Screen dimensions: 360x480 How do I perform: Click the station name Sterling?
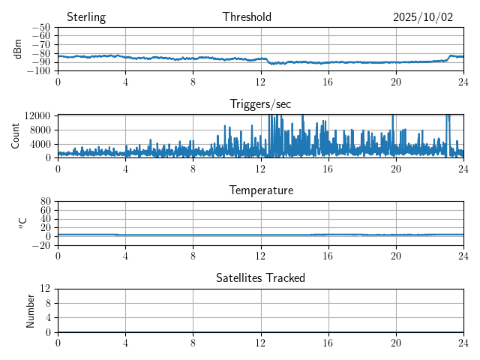pyautogui.click(x=86, y=17)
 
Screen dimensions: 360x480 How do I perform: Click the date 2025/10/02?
pyautogui.click(x=423, y=17)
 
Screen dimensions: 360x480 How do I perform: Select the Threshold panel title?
pyautogui.click(x=247, y=17)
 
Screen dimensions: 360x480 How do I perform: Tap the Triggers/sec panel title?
pyautogui.click(x=260, y=103)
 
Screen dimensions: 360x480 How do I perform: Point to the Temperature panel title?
pyautogui.click(x=260, y=190)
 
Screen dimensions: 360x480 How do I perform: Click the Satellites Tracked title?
pyautogui.click(x=260, y=277)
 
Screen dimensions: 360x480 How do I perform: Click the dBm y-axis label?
pyautogui.click(x=19, y=49)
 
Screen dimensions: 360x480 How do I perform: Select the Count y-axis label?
pyautogui.click(x=16, y=136)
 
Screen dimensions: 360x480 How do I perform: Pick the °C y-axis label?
pyautogui.click(x=22, y=223)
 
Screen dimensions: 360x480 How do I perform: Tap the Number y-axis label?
pyautogui.click(x=31, y=310)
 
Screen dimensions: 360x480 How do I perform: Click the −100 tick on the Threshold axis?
pyautogui.click(x=38, y=71)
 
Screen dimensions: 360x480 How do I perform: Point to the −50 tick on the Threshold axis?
pyautogui.click(x=40, y=28)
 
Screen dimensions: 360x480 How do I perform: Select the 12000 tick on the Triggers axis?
pyautogui.click(x=37, y=115)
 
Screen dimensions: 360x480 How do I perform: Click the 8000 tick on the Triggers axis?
pyautogui.click(x=40, y=129)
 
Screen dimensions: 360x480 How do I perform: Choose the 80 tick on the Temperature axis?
pyautogui.click(x=45, y=202)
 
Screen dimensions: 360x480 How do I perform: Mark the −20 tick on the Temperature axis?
pyautogui.click(x=40, y=245)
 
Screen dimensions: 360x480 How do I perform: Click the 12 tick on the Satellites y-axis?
pyautogui.click(x=45, y=289)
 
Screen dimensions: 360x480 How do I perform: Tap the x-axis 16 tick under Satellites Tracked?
pyautogui.click(x=328, y=342)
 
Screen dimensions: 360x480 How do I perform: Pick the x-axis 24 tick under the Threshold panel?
pyautogui.click(x=463, y=81)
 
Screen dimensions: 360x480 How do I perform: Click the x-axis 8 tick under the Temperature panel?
pyautogui.click(x=193, y=255)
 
